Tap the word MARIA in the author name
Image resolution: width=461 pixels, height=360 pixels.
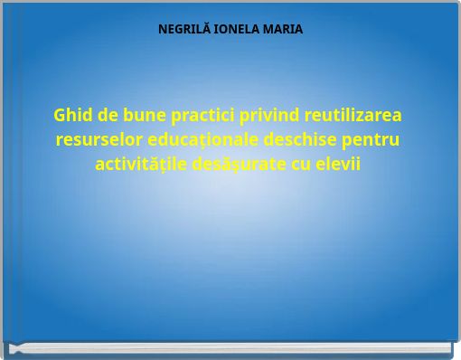[x=284, y=29]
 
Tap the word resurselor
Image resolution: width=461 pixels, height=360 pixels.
[x=97, y=141]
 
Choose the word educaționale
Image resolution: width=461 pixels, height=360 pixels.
[x=199, y=141]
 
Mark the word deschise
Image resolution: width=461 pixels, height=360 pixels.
[x=303, y=141]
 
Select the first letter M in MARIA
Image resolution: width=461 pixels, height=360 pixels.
[x=269, y=29]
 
